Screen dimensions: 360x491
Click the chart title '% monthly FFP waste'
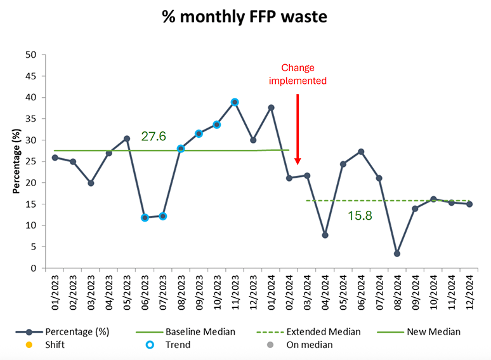tap(245, 17)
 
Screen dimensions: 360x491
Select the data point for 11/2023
tap(235, 102)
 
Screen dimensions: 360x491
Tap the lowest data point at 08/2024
tap(396, 253)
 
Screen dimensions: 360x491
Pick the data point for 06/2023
tap(145, 218)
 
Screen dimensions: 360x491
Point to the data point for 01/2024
tap(271, 107)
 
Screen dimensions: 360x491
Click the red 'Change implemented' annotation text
tap(298, 74)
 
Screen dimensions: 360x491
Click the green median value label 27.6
tap(154, 136)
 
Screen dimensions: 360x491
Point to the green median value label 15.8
tap(360, 216)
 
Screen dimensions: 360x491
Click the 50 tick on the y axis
tap(30, 55)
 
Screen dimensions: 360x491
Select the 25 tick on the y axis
tap(30, 161)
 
